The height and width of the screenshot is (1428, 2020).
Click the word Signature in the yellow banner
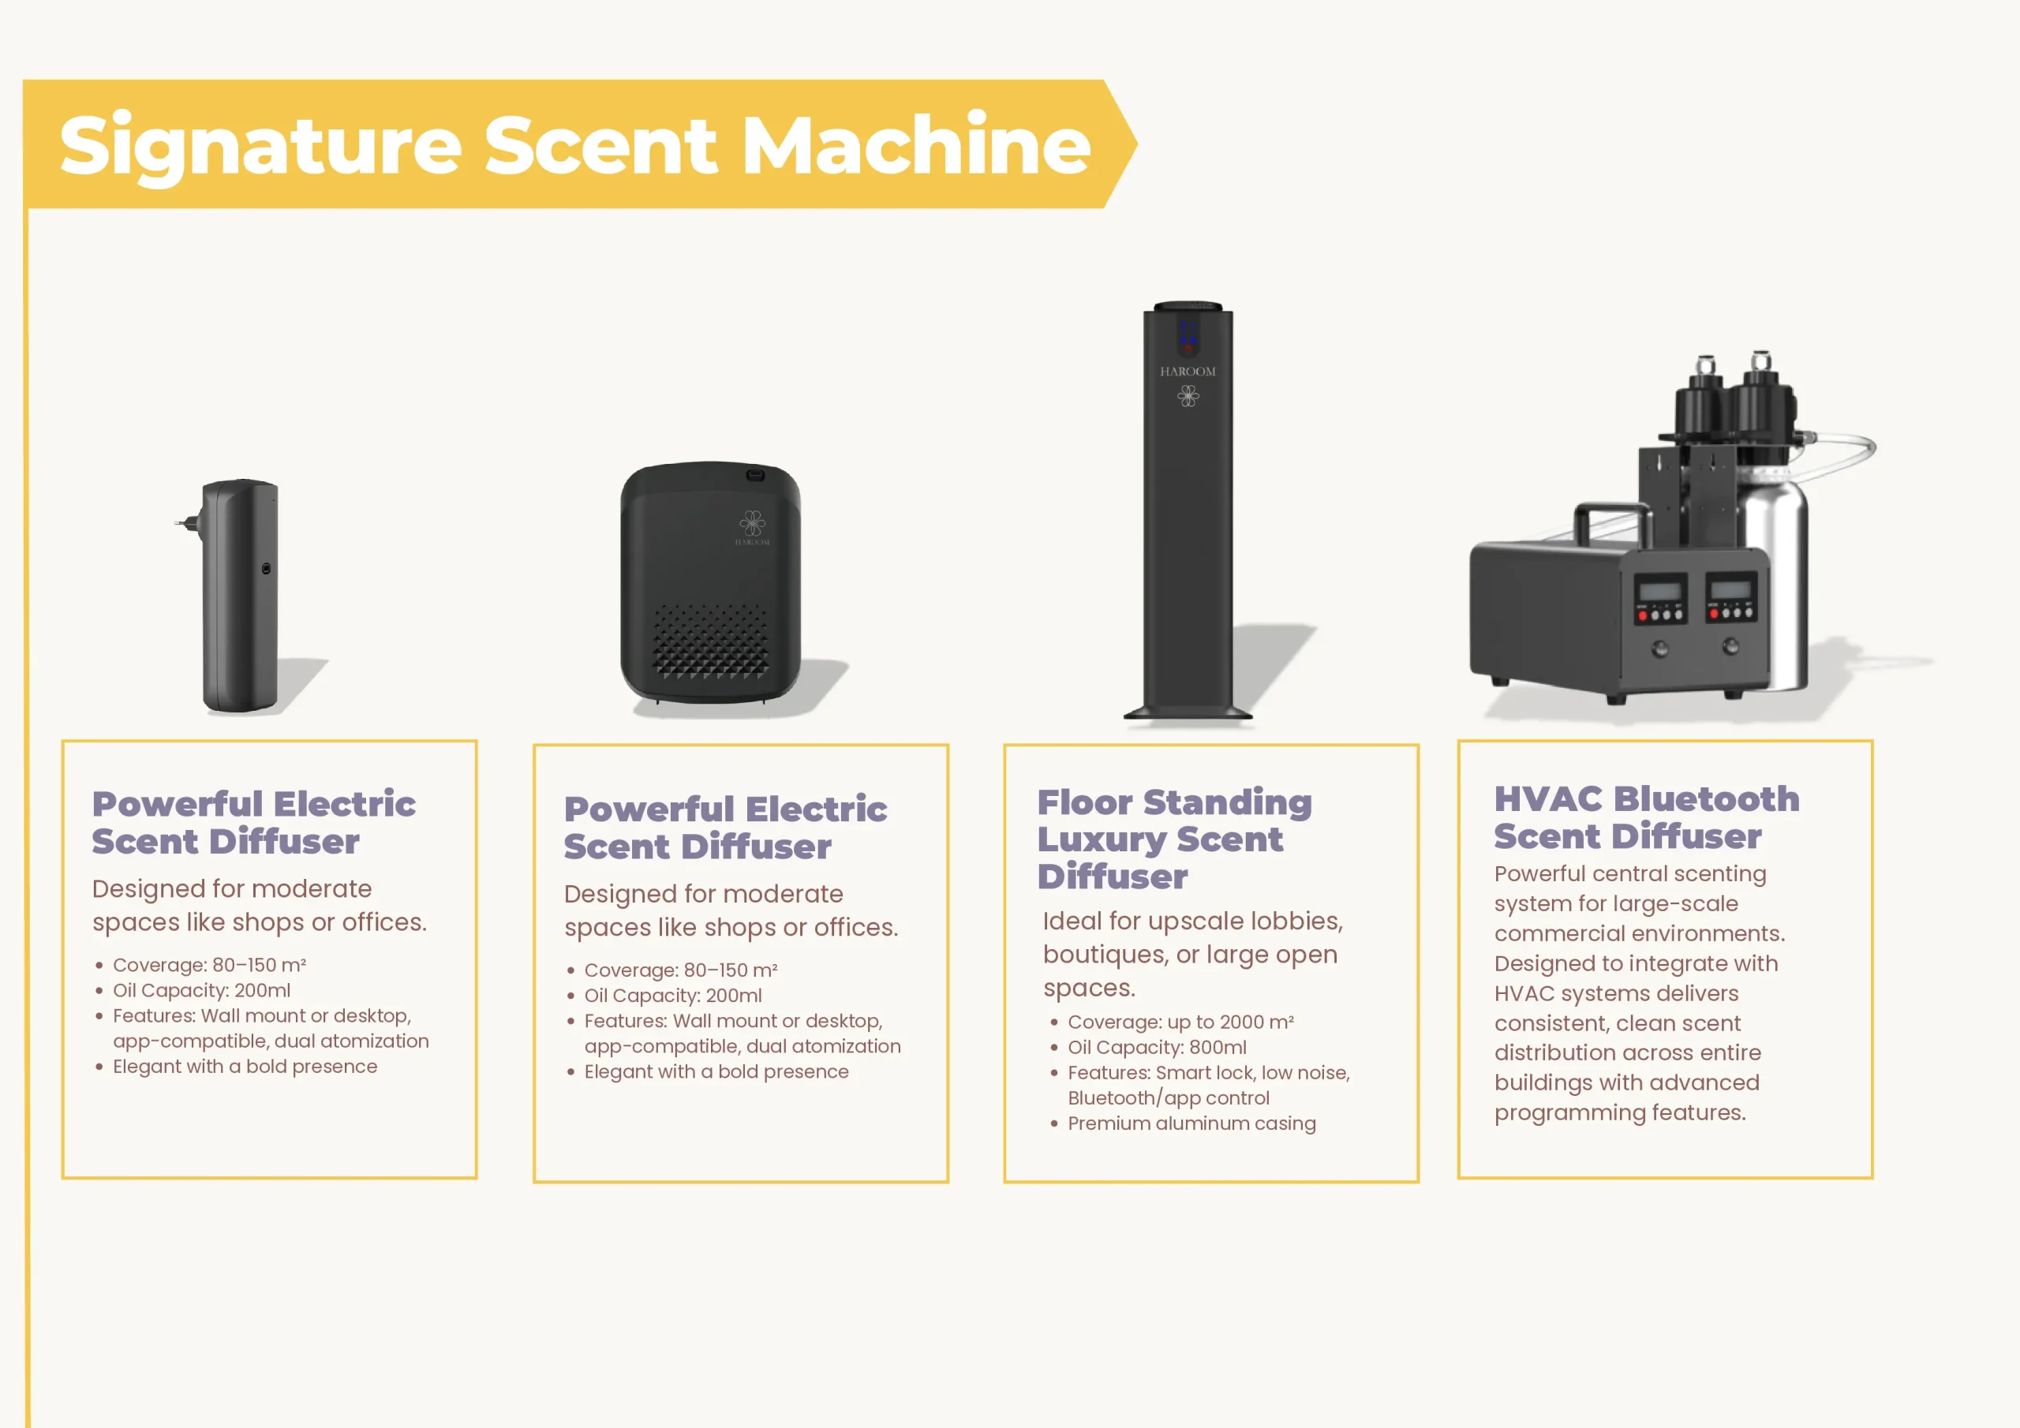(x=260, y=146)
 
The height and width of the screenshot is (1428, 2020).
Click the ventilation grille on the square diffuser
(x=710, y=640)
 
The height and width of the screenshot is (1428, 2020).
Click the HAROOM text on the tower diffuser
(x=1188, y=372)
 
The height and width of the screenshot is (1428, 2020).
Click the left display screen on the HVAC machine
(x=1660, y=589)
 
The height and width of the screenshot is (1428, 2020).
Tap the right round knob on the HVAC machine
(x=1730, y=648)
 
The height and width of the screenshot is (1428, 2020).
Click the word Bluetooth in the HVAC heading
(x=1707, y=800)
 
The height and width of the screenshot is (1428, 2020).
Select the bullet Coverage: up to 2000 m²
(x=1180, y=1022)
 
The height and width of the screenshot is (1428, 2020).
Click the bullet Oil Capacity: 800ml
(x=1156, y=1048)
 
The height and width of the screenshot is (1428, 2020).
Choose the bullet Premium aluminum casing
(x=1191, y=1123)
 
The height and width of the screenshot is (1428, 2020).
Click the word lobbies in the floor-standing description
(x=1296, y=921)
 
